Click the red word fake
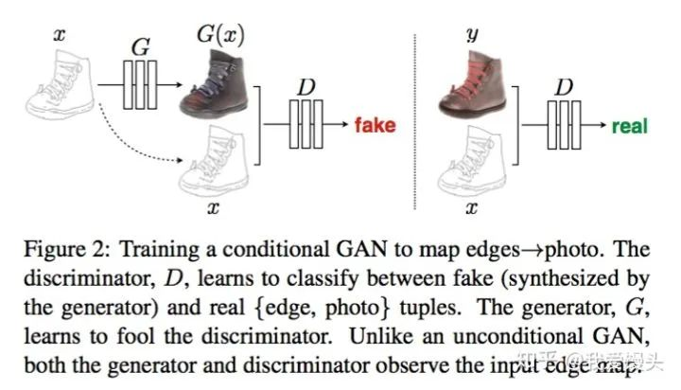pyautogui.click(x=375, y=125)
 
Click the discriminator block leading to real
pyautogui.click(x=565, y=125)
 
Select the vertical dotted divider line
pyautogui.click(x=415, y=114)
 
